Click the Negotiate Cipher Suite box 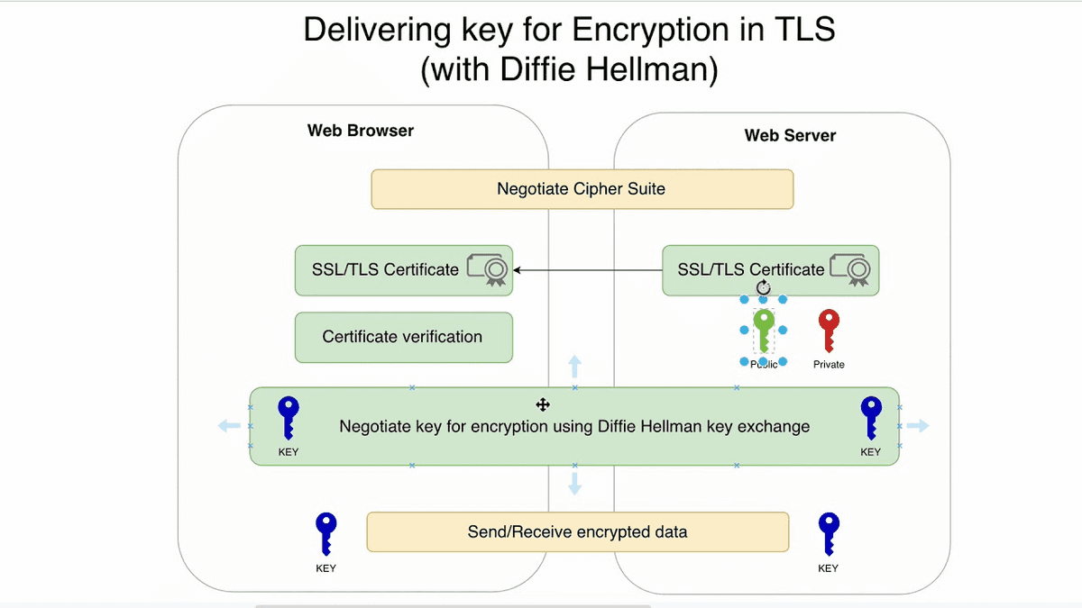582,189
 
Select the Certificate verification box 403,337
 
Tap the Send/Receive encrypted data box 577,531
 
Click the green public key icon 764,330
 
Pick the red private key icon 829,330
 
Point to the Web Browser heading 361,131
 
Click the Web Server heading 790,136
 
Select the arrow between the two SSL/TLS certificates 586,269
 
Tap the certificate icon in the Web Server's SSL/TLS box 852,269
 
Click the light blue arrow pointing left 229,426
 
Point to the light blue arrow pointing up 574,367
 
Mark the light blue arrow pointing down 574,485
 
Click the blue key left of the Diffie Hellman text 288,418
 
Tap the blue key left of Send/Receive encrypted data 326,534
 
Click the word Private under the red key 829,365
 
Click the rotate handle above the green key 764,286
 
